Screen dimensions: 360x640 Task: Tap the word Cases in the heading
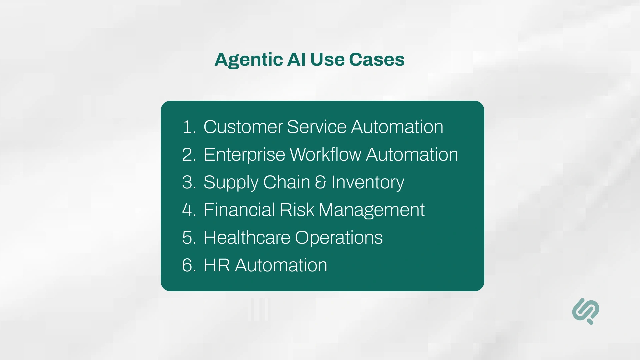(377, 60)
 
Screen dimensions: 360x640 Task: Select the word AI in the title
(296, 60)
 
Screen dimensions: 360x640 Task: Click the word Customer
(243, 127)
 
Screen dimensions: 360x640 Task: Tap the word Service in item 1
(317, 127)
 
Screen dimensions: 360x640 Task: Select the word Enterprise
(244, 155)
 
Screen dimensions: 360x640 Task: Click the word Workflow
(325, 155)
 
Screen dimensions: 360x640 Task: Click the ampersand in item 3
(320, 182)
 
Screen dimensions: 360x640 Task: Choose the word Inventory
(368, 183)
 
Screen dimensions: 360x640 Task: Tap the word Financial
(239, 210)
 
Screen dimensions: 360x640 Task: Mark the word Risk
(297, 210)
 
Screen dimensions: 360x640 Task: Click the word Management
(372, 210)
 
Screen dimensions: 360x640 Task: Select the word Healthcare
(247, 238)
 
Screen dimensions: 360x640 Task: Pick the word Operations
(339, 238)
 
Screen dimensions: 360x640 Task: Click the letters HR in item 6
(217, 265)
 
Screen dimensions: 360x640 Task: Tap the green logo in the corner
(586, 311)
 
